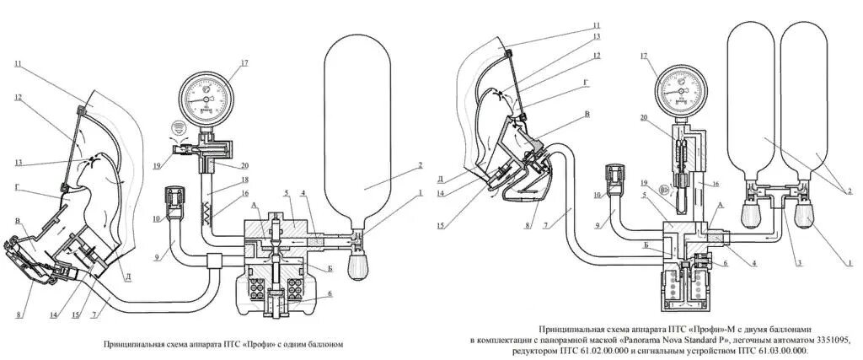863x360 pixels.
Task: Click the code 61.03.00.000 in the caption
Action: [772, 351]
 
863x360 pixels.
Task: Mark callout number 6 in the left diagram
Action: [330, 294]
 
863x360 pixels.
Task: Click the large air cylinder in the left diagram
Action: [357, 135]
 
